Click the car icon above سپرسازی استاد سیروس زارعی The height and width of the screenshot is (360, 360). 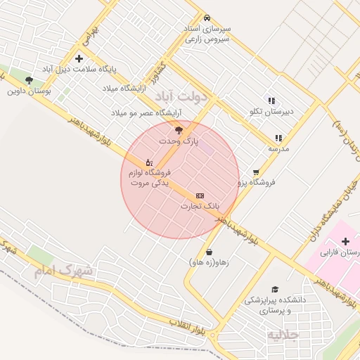coord(206,18)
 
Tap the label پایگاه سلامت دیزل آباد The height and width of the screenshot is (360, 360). coord(79,70)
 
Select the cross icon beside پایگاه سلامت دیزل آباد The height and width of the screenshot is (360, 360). coord(79,58)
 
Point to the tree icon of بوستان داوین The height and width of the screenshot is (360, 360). coord(29,80)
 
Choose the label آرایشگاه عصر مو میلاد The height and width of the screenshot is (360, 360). coord(146,112)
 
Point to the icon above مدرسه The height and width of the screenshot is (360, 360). coord(278,138)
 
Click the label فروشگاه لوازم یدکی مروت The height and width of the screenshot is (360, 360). coord(150,177)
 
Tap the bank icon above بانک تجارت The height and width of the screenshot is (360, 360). coord(200,195)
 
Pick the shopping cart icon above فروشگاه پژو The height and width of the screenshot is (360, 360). coord(255,171)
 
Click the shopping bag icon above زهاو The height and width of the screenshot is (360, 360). coord(209,252)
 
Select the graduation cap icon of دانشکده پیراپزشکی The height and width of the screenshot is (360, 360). coord(274,289)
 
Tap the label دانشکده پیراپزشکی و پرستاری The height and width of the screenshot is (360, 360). coord(276,304)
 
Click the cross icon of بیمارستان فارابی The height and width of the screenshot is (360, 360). coord(345,241)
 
